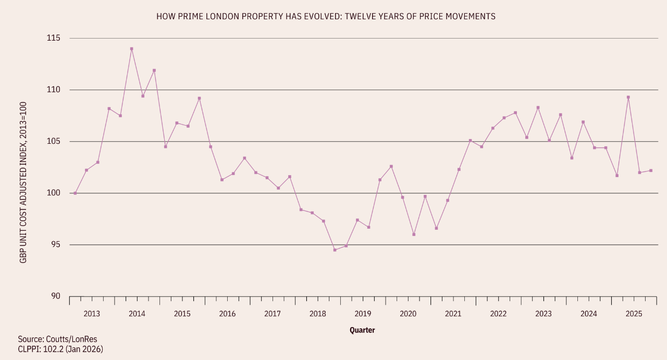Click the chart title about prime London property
(326, 17)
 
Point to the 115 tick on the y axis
(54, 39)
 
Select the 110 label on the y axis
(54, 90)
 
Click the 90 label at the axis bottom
(56, 296)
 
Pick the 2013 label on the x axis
(92, 314)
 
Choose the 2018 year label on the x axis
(318, 314)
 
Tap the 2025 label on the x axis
(634, 314)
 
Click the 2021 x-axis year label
(453, 314)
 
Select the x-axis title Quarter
(362, 330)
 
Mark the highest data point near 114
(132, 49)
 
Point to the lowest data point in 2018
(335, 250)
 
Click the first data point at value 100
(75, 193)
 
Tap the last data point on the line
(651, 170)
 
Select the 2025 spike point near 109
(628, 97)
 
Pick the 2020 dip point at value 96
(414, 234)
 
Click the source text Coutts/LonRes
(57, 339)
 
